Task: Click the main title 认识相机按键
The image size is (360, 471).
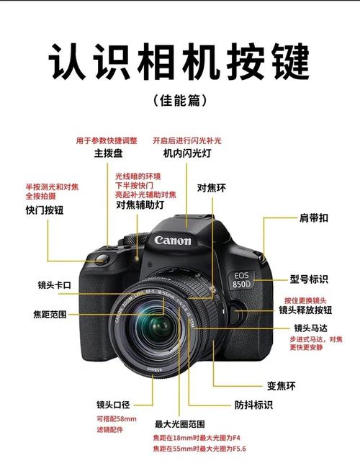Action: pyautogui.click(x=179, y=61)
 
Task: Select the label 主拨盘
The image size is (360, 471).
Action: pyautogui.click(x=107, y=153)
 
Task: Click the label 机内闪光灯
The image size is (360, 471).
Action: pyautogui.click(x=186, y=153)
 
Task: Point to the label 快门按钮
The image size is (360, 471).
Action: pyautogui.click(x=45, y=210)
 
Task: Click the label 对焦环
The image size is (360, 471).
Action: pyautogui.click(x=212, y=188)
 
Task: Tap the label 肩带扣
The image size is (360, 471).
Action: pyautogui.click(x=314, y=217)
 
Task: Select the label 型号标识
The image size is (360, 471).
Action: pyautogui.click(x=310, y=279)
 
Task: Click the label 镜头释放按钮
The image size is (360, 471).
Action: pyautogui.click(x=305, y=310)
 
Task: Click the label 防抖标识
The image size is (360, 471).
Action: pyautogui.click(x=253, y=405)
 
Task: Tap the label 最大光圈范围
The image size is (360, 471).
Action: pyautogui.click(x=179, y=423)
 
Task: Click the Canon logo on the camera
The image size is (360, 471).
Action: pyautogui.click(x=173, y=241)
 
